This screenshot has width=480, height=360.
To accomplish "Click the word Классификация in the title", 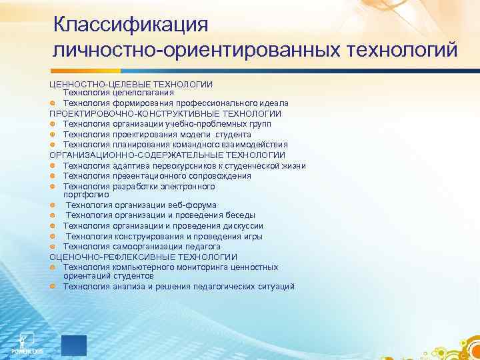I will pyautogui.click(x=131, y=25).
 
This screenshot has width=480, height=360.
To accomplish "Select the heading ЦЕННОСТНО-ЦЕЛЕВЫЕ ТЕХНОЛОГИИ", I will pyautogui.click(x=131, y=84).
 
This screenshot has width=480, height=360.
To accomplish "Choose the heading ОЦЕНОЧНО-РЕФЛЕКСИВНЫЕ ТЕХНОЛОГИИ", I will pyautogui.click(x=143, y=257).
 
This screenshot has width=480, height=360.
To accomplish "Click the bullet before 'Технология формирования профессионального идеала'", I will pyautogui.click(x=53, y=104).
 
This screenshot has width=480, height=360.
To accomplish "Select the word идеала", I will pyautogui.click(x=272, y=104).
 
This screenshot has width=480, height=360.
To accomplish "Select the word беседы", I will pyautogui.click(x=241, y=215).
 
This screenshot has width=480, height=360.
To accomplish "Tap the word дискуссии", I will pyautogui.click(x=241, y=225).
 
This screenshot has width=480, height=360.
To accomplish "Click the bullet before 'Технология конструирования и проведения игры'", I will pyautogui.click(x=53, y=236).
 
